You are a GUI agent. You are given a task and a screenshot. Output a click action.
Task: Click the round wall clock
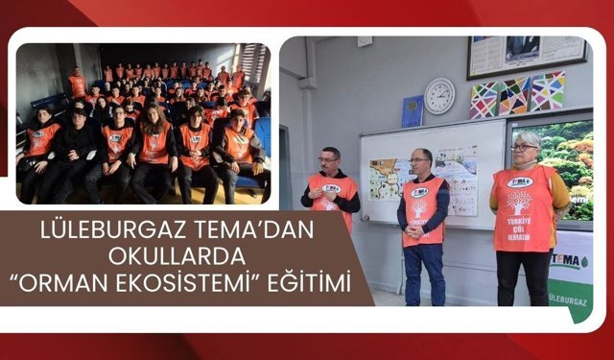439,96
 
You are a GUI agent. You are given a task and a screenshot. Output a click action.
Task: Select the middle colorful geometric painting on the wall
513,96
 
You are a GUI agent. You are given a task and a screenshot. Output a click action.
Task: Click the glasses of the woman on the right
525,147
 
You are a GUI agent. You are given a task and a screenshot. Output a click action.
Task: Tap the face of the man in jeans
419,162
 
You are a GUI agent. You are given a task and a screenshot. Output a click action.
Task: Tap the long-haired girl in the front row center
153,144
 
